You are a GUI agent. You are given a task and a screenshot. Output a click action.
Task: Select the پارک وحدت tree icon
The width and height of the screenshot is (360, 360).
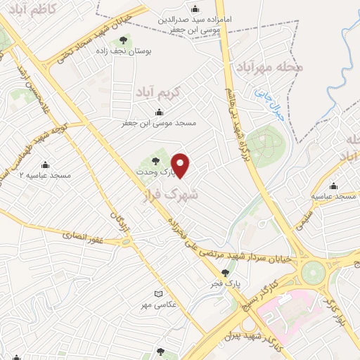click(156, 161)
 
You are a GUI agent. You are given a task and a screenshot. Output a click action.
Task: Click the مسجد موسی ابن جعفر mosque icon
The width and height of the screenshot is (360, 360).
click(160, 112)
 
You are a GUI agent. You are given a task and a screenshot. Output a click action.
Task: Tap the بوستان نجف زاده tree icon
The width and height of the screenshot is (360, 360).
click(124, 40)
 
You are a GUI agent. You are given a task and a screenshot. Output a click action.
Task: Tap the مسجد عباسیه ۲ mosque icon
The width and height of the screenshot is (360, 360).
click(45, 165)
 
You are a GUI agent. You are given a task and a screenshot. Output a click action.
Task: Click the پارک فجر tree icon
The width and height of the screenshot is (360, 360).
click(225, 273)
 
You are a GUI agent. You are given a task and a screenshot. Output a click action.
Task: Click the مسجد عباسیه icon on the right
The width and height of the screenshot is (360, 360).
click(333, 186)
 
